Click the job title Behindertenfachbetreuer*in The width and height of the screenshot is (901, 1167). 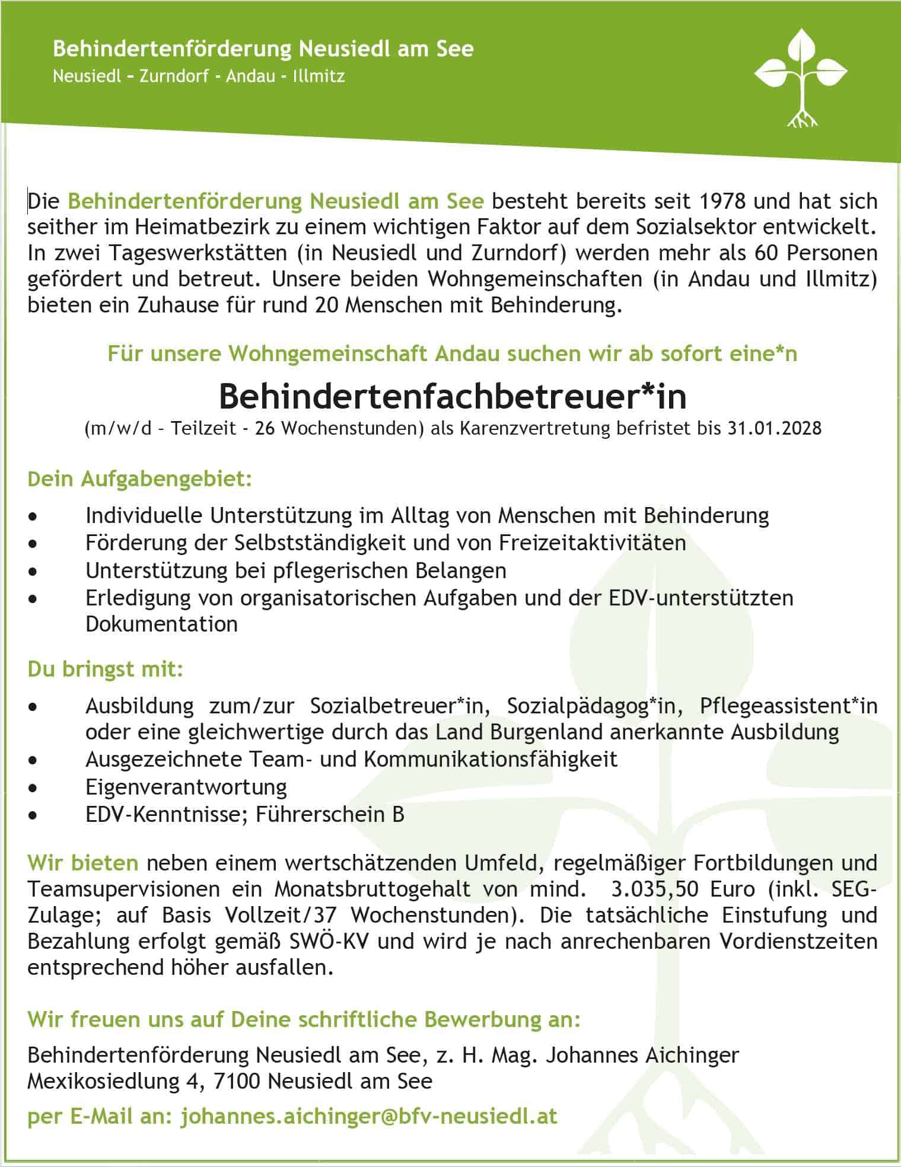point(453,397)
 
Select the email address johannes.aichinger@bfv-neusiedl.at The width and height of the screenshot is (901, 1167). point(369,1117)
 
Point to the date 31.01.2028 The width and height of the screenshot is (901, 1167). point(775,428)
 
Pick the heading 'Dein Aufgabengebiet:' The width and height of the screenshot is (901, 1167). point(140,479)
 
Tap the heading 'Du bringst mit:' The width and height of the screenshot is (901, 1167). point(106,669)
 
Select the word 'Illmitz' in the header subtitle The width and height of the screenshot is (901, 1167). point(319,76)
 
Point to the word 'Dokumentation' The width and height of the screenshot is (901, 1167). point(161,624)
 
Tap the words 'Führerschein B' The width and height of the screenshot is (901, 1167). point(330,815)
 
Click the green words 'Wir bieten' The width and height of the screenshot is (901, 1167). point(83,863)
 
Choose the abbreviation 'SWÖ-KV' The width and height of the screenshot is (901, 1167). point(331,942)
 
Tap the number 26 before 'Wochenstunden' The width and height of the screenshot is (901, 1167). point(265,428)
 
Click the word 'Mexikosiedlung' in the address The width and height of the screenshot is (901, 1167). point(103,1082)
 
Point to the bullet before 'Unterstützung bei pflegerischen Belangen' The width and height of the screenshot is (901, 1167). point(33,572)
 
